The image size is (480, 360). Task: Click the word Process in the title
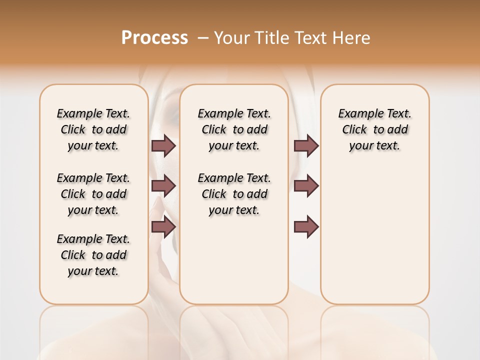click(154, 38)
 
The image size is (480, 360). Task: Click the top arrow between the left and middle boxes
click(163, 145)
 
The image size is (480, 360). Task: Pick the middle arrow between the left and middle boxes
click(163, 186)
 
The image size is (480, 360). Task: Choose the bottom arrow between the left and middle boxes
click(163, 226)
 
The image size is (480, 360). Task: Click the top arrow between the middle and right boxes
click(306, 145)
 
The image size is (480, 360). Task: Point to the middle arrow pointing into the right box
click(306, 186)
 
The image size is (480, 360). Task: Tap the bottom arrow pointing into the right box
click(306, 226)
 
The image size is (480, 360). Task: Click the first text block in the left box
click(93, 129)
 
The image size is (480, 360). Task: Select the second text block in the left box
click(93, 194)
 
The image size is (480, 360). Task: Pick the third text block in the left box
click(93, 255)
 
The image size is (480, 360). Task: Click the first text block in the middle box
click(234, 129)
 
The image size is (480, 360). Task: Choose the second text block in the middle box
click(234, 194)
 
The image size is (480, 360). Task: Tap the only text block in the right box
click(375, 129)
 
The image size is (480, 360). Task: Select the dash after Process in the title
click(203, 38)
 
